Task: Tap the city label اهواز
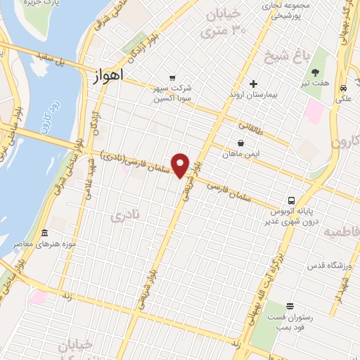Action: tap(108, 75)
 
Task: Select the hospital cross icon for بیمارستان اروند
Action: tap(253, 84)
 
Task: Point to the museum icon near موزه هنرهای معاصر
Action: tap(45, 233)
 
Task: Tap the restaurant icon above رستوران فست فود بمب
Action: tap(290, 305)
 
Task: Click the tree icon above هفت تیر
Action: tap(315, 73)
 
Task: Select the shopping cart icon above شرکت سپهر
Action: tap(172, 77)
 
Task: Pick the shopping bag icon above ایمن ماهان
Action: tap(241, 143)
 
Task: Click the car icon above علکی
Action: tap(343, 89)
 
